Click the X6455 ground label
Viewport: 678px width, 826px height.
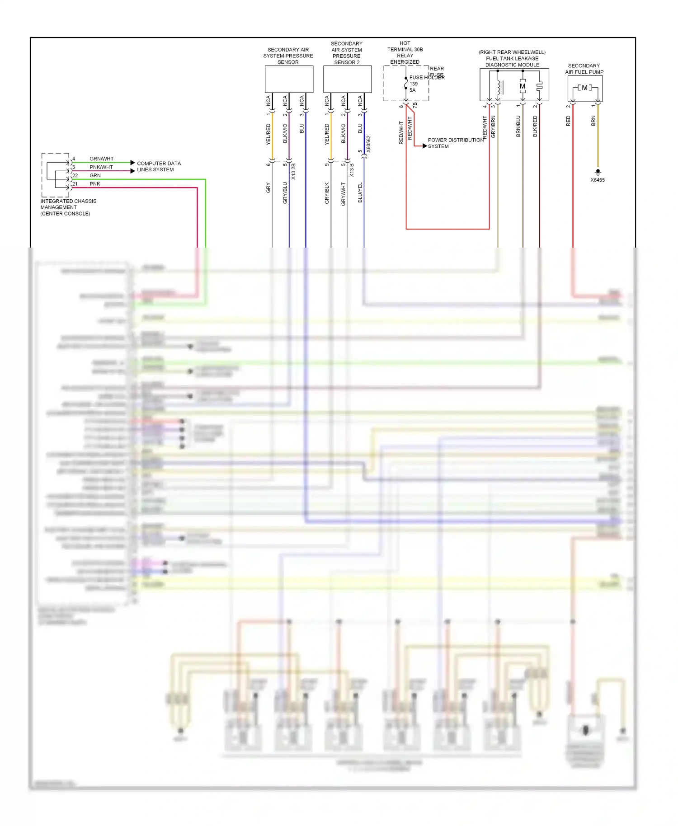pos(597,180)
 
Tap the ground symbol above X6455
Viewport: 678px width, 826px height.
pos(598,172)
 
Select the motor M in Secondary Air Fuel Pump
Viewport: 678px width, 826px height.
pos(584,88)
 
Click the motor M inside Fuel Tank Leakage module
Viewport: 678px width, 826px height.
pos(523,86)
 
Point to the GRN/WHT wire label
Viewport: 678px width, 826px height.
pos(101,159)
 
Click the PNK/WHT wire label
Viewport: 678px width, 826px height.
pos(101,167)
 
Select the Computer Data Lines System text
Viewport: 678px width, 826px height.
pos(158,166)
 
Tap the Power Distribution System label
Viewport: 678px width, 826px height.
pos(455,143)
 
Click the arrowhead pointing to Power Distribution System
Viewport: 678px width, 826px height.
pos(424,146)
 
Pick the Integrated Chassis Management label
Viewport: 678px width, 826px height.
pos(68,207)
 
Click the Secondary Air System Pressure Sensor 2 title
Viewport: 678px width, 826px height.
pos(347,53)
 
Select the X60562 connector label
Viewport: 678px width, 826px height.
pos(368,144)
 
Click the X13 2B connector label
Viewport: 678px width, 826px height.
pos(293,172)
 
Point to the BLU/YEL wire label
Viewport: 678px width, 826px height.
pos(360,192)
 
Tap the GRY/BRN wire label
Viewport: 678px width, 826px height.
pos(493,127)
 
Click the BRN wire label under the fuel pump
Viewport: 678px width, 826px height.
pos(593,121)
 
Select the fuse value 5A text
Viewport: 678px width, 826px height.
pos(412,90)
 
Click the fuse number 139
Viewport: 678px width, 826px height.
pos(414,84)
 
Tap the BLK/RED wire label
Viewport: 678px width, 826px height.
pos(535,126)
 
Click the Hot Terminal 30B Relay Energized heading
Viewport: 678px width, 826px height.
pos(405,52)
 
